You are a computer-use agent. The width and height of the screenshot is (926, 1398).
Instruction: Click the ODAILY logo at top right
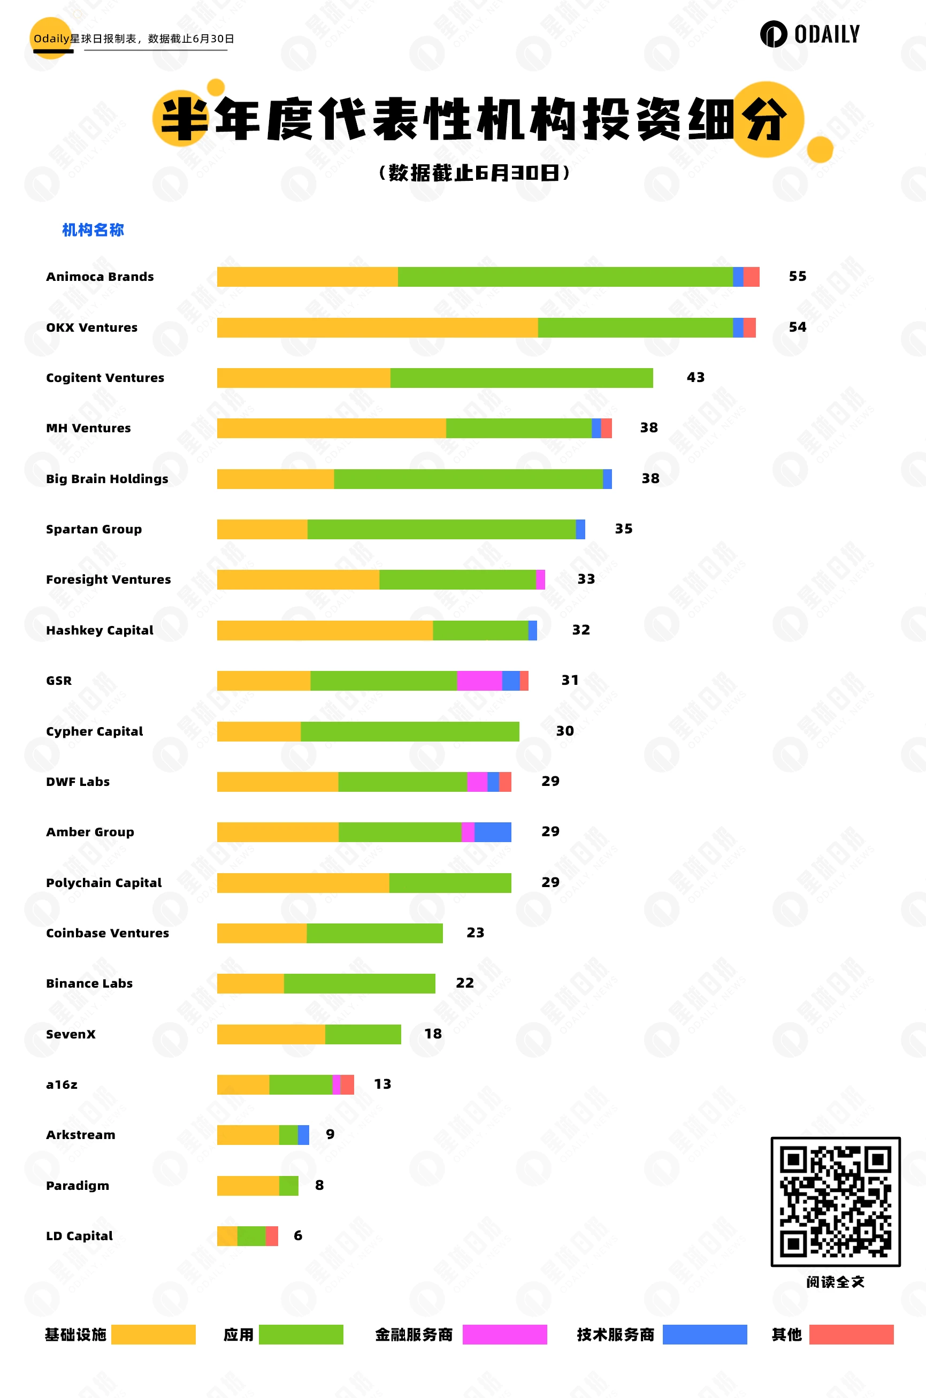point(810,34)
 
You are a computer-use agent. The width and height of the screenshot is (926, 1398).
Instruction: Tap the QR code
point(835,1201)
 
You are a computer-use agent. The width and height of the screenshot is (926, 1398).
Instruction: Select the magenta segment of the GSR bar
point(479,681)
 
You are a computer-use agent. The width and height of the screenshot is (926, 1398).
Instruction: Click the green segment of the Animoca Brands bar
point(564,277)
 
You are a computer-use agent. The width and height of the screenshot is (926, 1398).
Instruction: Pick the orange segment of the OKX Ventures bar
point(377,327)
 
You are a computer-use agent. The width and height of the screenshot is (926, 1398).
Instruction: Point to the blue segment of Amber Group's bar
point(493,831)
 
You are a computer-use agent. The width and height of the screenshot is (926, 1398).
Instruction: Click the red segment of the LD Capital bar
point(272,1235)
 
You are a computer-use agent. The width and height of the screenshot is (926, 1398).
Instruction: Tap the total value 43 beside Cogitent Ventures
point(695,377)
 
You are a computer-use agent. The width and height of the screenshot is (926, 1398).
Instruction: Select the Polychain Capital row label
point(103,882)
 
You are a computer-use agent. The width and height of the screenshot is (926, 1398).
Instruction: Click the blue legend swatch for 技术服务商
point(705,1334)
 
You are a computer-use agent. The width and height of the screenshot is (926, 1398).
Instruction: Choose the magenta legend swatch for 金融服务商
point(504,1334)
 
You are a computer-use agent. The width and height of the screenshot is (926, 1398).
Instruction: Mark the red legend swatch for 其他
point(851,1334)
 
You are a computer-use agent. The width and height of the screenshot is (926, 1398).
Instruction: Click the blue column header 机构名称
point(93,230)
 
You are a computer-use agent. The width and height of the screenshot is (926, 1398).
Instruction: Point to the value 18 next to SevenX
point(433,1034)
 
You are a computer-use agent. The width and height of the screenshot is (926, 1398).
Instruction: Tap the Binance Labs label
point(89,983)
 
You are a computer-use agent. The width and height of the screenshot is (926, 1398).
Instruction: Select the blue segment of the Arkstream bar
point(303,1135)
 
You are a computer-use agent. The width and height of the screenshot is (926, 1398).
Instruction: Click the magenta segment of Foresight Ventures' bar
point(540,579)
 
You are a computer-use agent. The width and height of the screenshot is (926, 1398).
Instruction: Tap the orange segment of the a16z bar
point(243,1084)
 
